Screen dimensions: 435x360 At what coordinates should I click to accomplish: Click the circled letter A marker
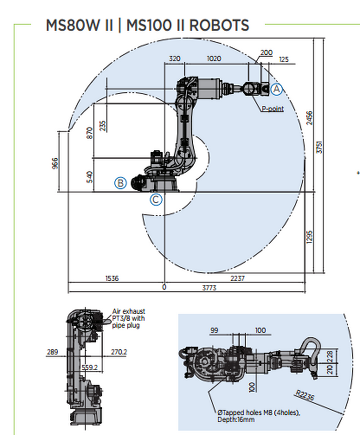pos(276,89)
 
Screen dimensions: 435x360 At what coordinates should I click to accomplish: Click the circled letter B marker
pos(120,183)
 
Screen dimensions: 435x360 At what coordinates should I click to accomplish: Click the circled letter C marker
pos(156,199)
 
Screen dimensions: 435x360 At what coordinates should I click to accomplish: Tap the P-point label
pos(272,109)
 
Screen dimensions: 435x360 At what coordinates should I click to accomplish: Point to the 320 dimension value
pos(175,59)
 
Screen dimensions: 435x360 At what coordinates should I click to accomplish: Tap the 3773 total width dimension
pos(209,288)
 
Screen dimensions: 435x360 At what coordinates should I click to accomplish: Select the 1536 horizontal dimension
pos(112,278)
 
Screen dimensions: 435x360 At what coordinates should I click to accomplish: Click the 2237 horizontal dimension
pos(237,278)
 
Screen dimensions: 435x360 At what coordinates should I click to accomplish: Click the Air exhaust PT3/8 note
pos(129,318)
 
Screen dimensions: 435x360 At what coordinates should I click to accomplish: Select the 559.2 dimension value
pos(90,367)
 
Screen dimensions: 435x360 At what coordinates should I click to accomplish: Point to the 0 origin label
pos(164,287)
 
